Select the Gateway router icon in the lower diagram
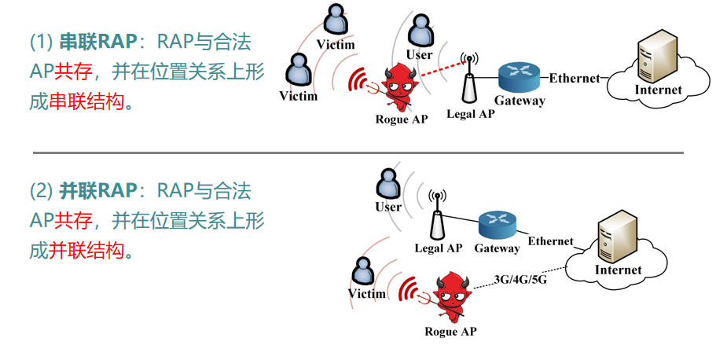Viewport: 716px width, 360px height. click(x=498, y=225)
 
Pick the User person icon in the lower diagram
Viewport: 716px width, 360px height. click(x=388, y=185)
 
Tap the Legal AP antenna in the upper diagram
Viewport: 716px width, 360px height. click(x=469, y=83)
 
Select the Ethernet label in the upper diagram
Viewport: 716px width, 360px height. click(x=574, y=78)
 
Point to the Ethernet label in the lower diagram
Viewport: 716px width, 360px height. click(x=550, y=241)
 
